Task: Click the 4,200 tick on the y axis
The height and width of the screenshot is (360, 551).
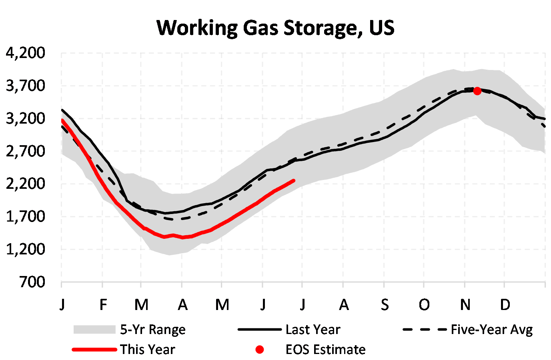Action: click(26, 53)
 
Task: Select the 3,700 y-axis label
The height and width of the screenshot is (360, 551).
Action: click(26, 86)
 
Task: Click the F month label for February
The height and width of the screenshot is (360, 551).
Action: click(103, 305)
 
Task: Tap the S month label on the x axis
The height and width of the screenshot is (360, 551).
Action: click(385, 305)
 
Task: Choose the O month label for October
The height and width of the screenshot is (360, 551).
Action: click(424, 305)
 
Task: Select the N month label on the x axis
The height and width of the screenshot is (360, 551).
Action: click(465, 305)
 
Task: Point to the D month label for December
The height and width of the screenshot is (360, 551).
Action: click(505, 305)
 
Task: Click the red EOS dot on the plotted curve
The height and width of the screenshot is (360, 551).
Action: click(477, 91)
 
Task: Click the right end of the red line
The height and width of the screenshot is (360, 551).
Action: click(294, 181)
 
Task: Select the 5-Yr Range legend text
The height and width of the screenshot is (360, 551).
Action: click(153, 330)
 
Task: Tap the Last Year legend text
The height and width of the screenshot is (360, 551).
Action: click(313, 330)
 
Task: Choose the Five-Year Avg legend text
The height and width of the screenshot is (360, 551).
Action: click(492, 330)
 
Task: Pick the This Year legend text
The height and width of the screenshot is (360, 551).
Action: click(148, 350)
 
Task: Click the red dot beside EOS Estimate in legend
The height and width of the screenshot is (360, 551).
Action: click(260, 350)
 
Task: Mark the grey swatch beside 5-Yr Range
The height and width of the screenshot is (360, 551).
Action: click(94, 330)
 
